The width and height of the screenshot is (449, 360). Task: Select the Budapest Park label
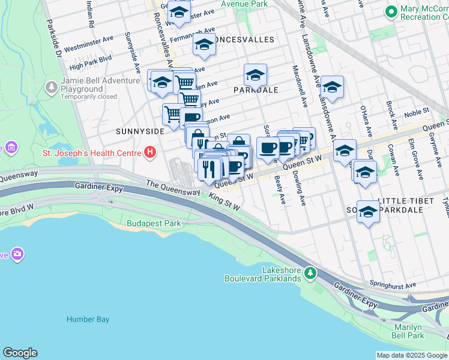(154, 224)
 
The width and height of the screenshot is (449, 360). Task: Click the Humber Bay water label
(88, 319)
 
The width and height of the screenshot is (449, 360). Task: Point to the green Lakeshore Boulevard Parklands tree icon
(310, 274)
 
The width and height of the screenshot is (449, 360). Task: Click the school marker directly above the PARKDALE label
(255, 76)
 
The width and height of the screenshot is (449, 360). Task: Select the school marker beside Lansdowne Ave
(331, 87)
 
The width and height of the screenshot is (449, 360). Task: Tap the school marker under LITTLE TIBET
(368, 212)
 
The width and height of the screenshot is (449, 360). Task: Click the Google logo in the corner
(20, 352)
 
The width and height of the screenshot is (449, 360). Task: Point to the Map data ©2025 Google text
(411, 355)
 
